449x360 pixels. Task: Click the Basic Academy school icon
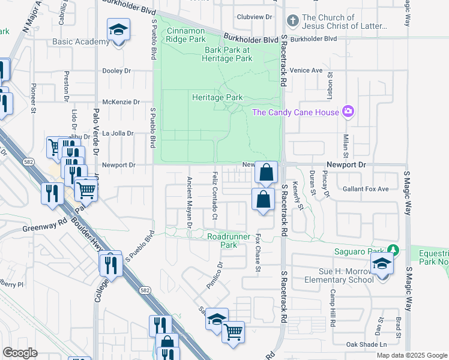[119, 29]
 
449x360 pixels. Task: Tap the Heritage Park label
[217, 97]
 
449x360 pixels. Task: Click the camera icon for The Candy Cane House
[348, 112]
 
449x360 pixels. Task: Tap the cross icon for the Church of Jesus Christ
[292, 22]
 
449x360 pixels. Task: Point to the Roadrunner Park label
[223, 241]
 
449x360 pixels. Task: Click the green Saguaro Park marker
[393, 249]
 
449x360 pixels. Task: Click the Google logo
[20, 353]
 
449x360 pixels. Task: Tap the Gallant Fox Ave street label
[366, 189]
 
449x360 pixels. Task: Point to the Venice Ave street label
[306, 70]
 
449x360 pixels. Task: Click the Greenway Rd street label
[43, 227]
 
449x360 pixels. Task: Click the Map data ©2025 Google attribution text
[412, 355]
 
